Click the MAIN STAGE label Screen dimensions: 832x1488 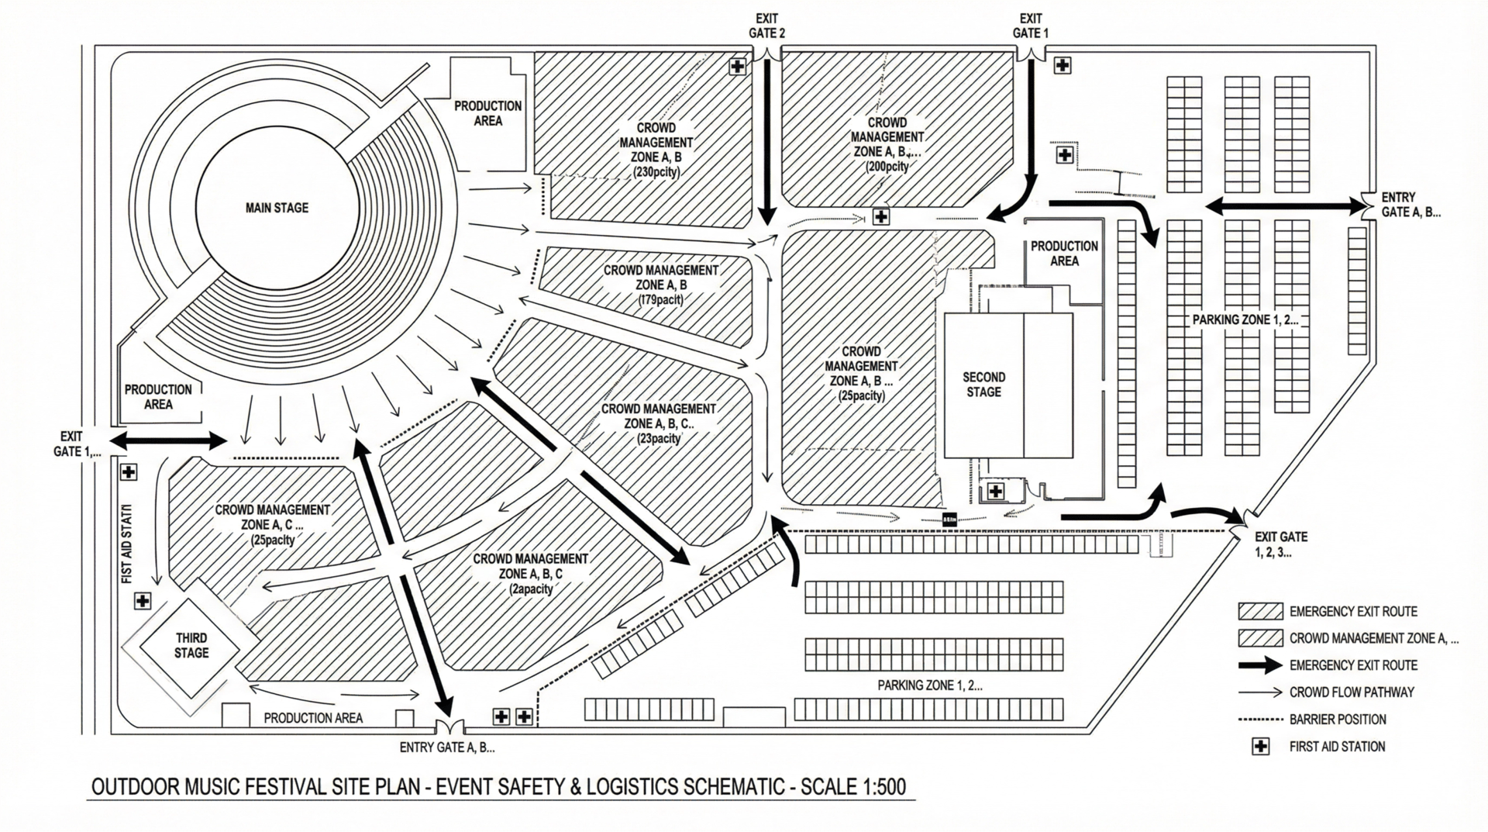(x=277, y=208)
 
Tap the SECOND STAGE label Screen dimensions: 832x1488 (x=983, y=385)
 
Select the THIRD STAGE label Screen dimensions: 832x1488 (x=191, y=645)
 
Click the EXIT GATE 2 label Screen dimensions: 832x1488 (x=766, y=26)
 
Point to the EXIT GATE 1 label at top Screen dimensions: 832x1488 (x=1030, y=26)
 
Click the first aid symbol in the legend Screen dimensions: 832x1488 (x=1261, y=747)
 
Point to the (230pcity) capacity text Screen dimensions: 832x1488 (x=656, y=172)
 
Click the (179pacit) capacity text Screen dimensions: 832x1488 (x=660, y=299)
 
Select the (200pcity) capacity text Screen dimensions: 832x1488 (x=887, y=167)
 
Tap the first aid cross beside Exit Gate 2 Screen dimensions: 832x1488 (x=737, y=67)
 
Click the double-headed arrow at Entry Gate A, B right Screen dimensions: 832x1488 (x=1285, y=206)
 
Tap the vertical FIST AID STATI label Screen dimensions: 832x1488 (x=127, y=543)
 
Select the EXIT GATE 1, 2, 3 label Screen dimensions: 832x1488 (x=1280, y=544)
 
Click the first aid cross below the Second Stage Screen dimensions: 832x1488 (x=996, y=491)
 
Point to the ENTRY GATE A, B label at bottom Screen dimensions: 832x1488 (x=447, y=748)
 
